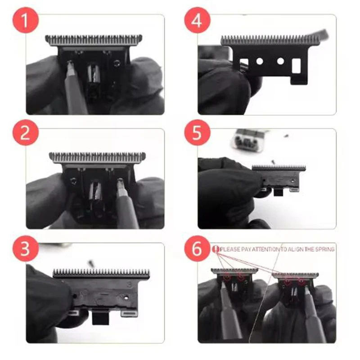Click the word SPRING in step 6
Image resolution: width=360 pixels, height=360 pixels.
tap(323, 249)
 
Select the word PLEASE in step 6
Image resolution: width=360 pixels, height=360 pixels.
tap(230, 249)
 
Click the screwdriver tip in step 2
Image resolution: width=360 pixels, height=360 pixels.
tap(120, 182)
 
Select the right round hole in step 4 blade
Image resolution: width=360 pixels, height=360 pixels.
tap(280, 61)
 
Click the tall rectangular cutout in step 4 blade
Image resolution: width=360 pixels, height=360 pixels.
tap(297, 66)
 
